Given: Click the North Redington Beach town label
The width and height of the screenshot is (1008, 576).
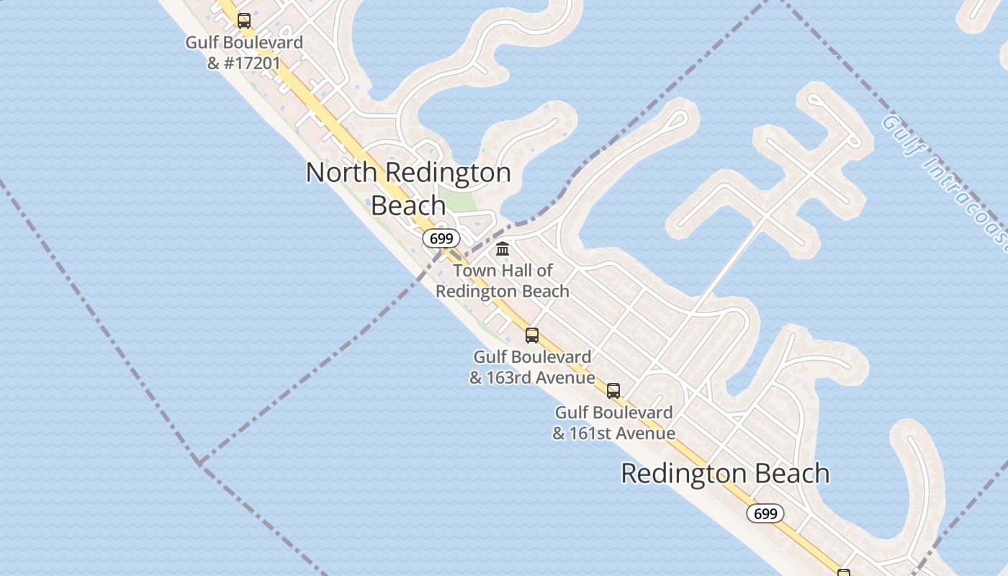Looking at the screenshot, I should click(408, 189).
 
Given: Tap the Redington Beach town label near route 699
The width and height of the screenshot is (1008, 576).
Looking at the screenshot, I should click(725, 474).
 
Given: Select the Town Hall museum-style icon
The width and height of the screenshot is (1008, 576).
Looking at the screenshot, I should click(503, 249).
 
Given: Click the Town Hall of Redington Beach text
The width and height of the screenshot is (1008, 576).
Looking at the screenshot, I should click(503, 281).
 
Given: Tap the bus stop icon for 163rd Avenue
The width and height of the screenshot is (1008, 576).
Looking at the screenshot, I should click(532, 336).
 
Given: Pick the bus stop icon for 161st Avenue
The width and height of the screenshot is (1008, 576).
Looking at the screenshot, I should click(613, 391).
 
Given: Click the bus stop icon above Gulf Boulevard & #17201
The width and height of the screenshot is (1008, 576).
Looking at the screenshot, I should click(244, 21).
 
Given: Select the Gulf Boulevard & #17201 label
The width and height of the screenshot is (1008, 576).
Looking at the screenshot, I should click(244, 53).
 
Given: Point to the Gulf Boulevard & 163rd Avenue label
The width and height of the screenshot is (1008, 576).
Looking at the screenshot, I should click(532, 367).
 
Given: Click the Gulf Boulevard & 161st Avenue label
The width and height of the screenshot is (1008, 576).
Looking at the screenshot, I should click(613, 423).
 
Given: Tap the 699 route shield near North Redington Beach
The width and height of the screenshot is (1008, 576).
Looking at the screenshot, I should click(441, 238).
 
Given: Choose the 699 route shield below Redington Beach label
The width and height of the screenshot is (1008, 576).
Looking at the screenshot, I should click(765, 513).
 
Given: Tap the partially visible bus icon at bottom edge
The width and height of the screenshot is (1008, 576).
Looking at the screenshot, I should click(843, 572).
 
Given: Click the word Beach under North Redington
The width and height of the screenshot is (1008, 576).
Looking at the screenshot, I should click(408, 205).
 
